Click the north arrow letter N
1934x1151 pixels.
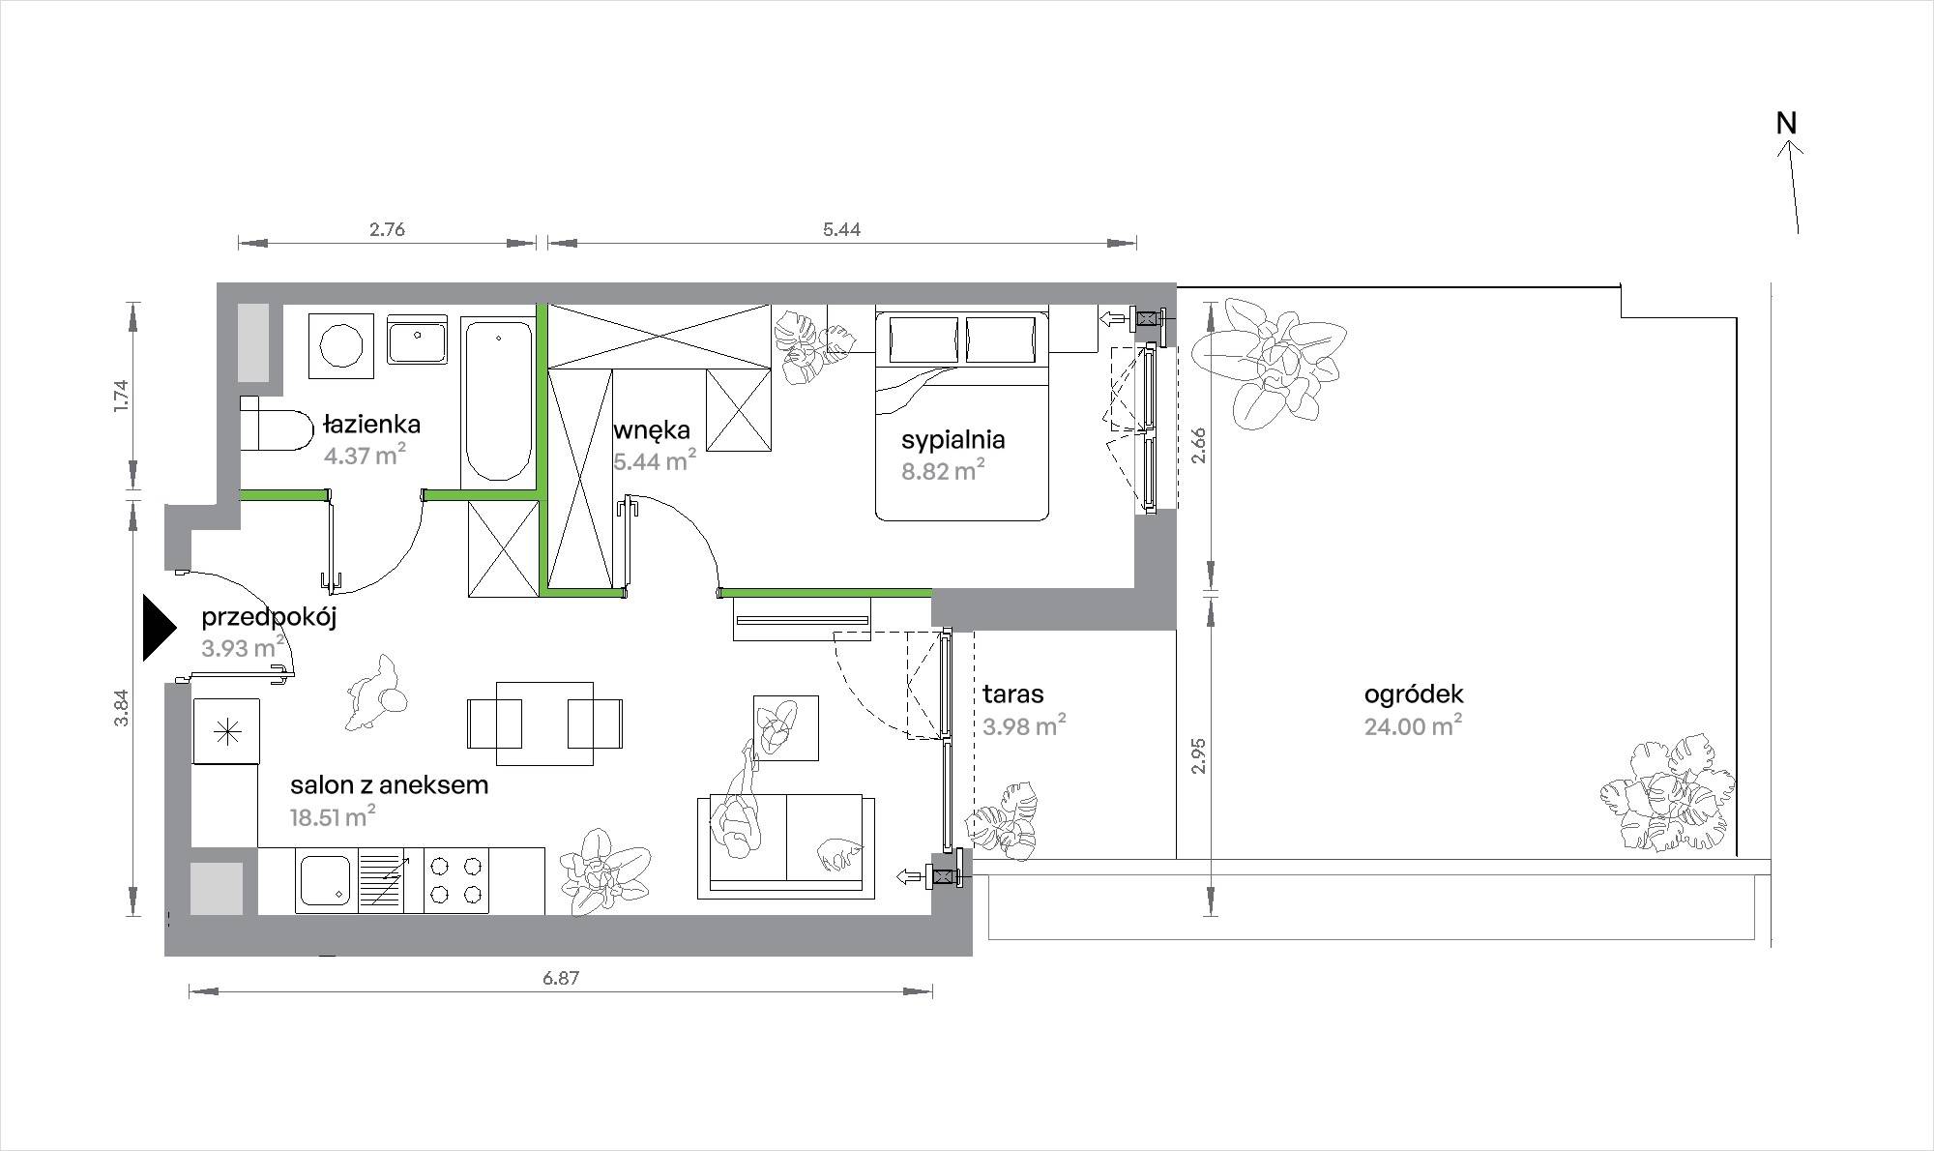tap(1786, 124)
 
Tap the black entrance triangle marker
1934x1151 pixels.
tap(158, 628)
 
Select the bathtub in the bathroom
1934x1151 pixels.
tap(497, 399)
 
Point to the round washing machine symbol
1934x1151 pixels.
tap(340, 345)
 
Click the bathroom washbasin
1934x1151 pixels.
tap(418, 339)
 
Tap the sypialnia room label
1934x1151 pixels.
tap(952, 441)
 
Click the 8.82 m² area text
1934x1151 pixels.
tap(943, 471)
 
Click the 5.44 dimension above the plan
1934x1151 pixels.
tap(841, 229)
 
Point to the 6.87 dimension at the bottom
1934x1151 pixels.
tap(561, 978)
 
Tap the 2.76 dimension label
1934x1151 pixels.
tap(387, 229)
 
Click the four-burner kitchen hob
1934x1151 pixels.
tap(455, 880)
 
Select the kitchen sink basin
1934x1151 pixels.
tap(326, 880)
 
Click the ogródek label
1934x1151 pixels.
tap(1414, 694)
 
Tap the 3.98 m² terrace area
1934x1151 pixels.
tap(1024, 725)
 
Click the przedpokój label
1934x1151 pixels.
tap(269, 619)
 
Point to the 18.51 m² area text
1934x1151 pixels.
tap(333, 817)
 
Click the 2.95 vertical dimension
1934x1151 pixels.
tap(1198, 754)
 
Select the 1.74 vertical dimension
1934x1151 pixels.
tap(120, 398)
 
